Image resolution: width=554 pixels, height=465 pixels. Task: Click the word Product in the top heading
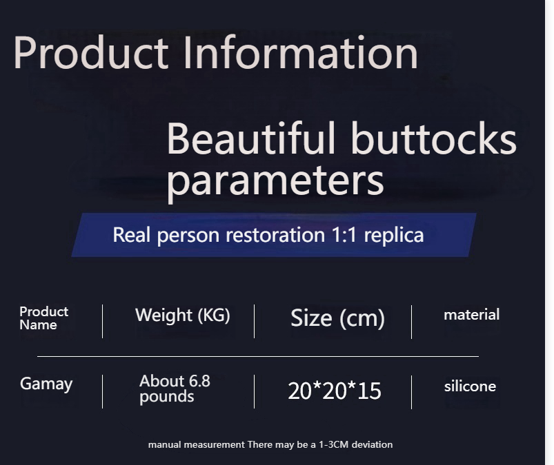tap(91, 52)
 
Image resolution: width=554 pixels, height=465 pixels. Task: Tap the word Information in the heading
tap(301, 52)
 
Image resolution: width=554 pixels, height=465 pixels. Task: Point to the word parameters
tap(275, 181)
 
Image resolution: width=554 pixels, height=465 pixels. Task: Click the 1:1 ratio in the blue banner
tap(344, 235)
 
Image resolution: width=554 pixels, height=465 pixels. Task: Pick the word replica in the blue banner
tap(393, 236)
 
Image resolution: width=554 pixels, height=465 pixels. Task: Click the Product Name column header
tap(44, 318)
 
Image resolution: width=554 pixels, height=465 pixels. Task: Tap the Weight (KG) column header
tap(182, 315)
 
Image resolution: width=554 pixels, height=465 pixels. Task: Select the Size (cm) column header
tap(337, 318)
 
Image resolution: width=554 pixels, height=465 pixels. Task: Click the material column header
tap(471, 315)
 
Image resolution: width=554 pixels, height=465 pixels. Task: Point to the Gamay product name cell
tap(46, 384)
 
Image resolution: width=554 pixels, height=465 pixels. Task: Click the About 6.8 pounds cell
tap(175, 389)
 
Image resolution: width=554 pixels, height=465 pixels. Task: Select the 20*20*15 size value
tap(334, 391)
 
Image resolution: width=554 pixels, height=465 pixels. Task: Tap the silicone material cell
tap(470, 386)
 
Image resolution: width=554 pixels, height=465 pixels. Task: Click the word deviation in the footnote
tap(372, 444)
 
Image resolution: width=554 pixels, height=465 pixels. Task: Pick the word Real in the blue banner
tap(132, 235)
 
